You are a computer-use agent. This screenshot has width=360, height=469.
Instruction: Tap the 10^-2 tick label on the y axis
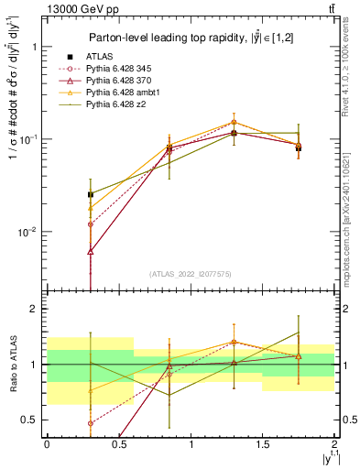pyautogui.click(x=27, y=233)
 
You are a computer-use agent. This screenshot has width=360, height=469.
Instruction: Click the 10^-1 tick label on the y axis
pyautogui.click(x=27, y=139)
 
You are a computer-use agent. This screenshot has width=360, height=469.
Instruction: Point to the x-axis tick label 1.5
pyautogui.click(x=263, y=444)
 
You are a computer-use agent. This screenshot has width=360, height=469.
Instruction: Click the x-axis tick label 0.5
pyautogui.click(x=118, y=444)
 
